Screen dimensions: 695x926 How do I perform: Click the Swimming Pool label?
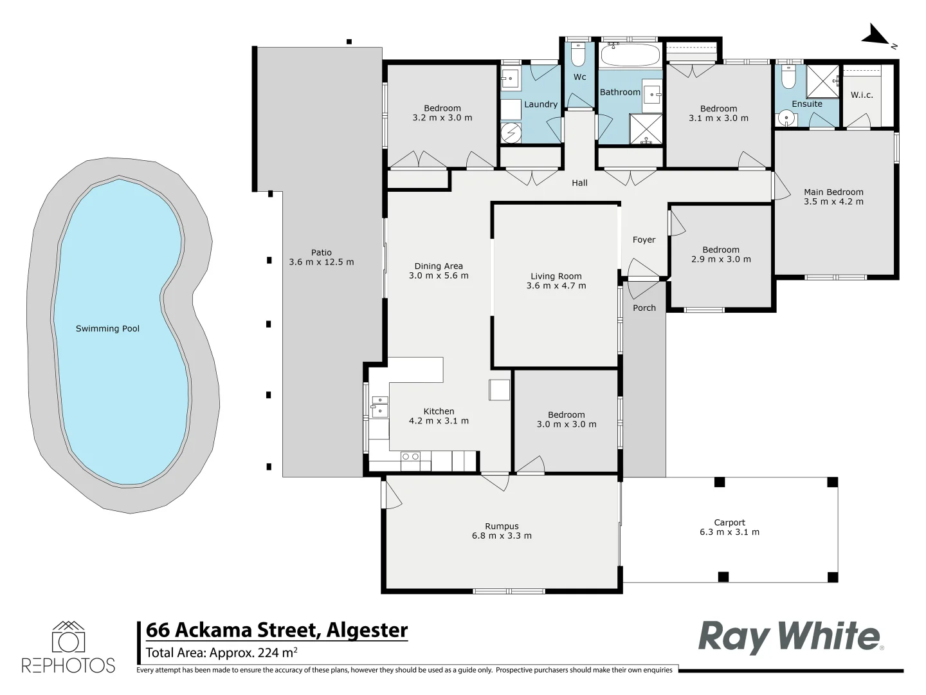tap(107, 329)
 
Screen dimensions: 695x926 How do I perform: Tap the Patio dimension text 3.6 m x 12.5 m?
tap(322, 262)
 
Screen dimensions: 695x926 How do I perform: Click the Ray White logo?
tap(790, 637)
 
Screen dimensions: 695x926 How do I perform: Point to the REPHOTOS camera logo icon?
tap(68, 638)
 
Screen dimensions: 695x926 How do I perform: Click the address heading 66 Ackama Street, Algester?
tap(277, 630)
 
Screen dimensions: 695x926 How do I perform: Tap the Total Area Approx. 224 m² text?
tap(221, 653)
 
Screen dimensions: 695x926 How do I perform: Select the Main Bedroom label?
tap(833, 192)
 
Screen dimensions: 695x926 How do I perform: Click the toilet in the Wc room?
tap(578, 55)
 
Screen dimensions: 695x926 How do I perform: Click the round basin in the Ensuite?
tap(786, 119)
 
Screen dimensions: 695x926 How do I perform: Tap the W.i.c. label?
tap(862, 95)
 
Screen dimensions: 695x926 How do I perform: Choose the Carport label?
tap(729, 523)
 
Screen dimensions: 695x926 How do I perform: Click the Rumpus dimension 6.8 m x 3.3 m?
tap(502, 535)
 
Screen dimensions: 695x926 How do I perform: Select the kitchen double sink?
tap(379, 407)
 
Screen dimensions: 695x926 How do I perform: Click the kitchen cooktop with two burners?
tap(410, 457)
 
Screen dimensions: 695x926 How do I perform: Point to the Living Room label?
tap(556, 276)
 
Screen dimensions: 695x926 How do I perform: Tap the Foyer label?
tap(644, 240)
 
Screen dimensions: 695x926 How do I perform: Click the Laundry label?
tap(541, 104)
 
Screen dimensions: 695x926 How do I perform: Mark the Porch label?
tap(644, 308)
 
